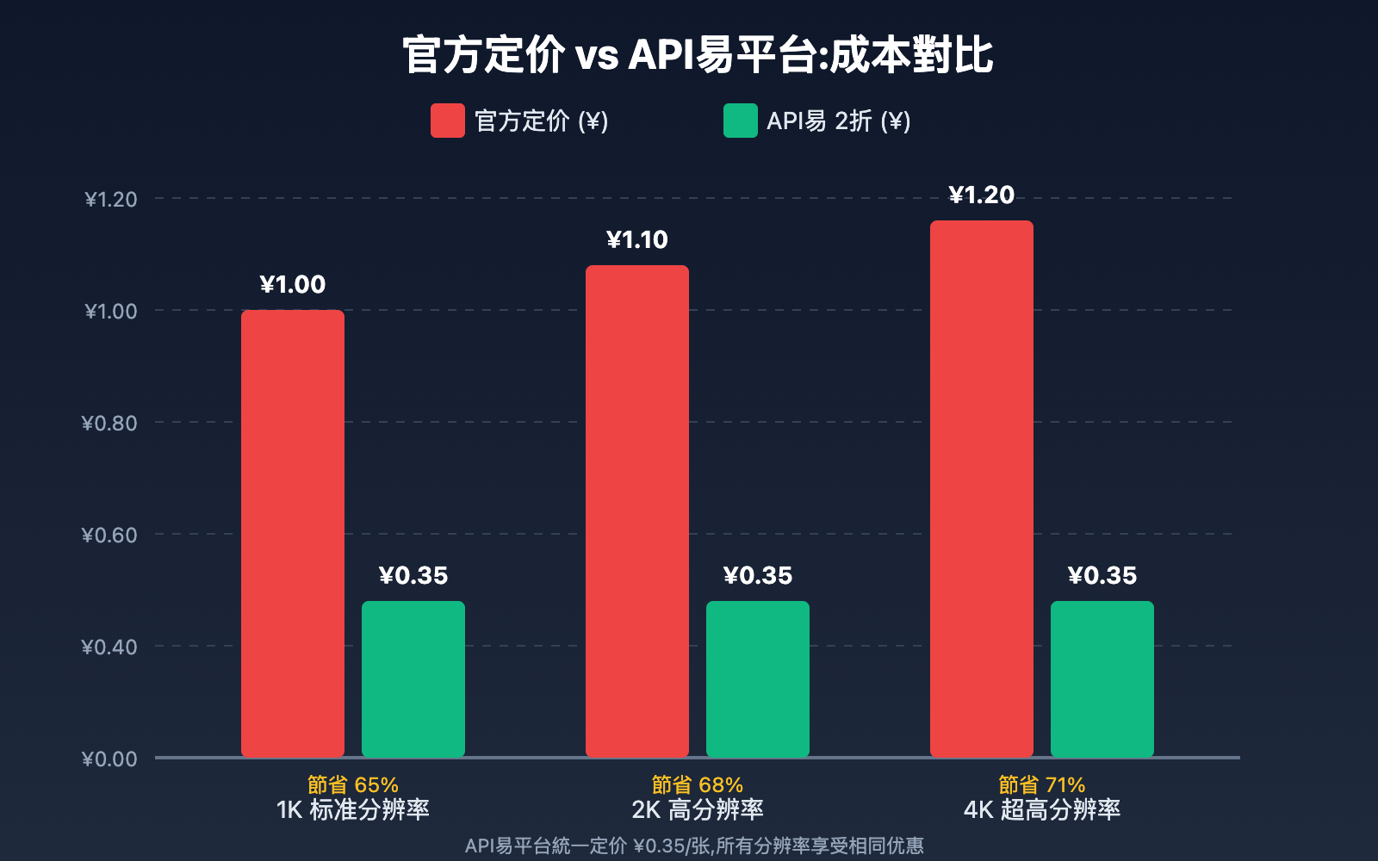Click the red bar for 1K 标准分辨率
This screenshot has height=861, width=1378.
(293, 534)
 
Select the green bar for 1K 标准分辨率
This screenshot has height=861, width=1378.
(413, 679)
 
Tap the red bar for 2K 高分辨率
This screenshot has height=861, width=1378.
(637, 511)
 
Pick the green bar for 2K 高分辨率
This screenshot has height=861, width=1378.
(758, 679)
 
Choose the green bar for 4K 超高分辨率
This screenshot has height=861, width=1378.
(1102, 679)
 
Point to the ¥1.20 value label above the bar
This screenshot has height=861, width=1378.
(982, 195)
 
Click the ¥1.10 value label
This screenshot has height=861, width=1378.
(637, 240)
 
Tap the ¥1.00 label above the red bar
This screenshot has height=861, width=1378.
(293, 285)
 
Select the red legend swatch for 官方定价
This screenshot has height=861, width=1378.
(448, 121)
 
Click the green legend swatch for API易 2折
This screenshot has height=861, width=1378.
(741, 121)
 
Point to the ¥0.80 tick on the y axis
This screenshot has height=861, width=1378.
(109, 423)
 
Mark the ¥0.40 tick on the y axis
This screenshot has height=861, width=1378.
(109, 647)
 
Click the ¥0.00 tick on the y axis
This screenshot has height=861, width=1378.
(109, 759)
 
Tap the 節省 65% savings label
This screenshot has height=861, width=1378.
(353, 784)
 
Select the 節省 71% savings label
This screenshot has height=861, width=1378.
(1042, 784)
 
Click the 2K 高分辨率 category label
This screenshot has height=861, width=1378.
(698, 809)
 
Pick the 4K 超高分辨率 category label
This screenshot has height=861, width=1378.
(1042, 809)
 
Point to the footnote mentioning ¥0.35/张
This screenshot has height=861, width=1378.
(694, 846)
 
